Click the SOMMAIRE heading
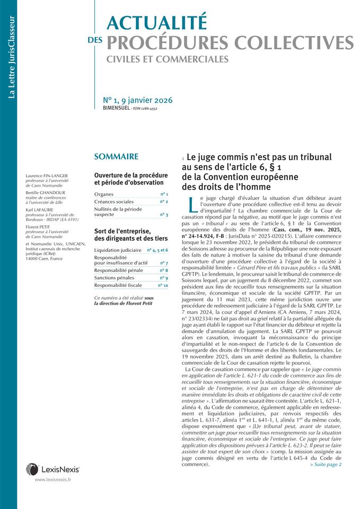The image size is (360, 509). pyautogui.click(x=116, y=156)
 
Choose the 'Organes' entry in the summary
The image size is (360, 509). pyautogui.click(x=104, y=195)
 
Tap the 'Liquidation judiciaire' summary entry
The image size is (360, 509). pyautogui.click(x=118, y=250)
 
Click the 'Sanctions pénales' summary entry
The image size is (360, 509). pyautogui.click(x=113, y=278)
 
